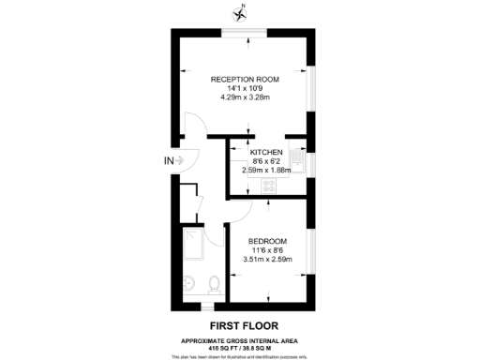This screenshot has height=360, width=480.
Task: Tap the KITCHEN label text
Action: pos(266,151)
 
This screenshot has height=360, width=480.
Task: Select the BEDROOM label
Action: pos(267,242)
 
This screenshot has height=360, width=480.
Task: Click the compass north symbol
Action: pos(240,12)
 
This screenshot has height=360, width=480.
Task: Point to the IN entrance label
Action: pos(169,160)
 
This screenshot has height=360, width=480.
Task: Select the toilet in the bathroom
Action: pos(215,282)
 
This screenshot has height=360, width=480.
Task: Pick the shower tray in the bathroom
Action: pos(192,242)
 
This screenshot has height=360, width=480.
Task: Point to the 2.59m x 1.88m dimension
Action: pos(266,170)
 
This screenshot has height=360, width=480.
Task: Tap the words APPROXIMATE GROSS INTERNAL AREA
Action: pos(240,338)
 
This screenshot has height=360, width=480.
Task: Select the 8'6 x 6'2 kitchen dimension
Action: pos(266,160)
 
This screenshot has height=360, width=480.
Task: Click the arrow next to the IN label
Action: pos(182,160)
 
